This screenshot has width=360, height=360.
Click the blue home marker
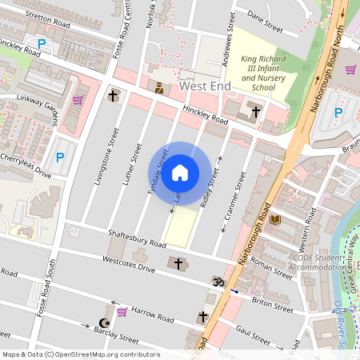(180, 173)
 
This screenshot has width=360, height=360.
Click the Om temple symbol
(216, 281)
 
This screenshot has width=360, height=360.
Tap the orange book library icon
(275, 219)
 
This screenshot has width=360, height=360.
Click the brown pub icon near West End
(158, 89)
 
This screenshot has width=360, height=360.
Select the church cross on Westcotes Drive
(178, 263)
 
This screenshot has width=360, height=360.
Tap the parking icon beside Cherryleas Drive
(59, 159)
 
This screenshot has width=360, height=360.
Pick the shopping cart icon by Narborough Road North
(350, 70)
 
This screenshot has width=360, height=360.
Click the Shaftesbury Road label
(136, 238)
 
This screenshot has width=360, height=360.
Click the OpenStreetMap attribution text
(70, 354)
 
